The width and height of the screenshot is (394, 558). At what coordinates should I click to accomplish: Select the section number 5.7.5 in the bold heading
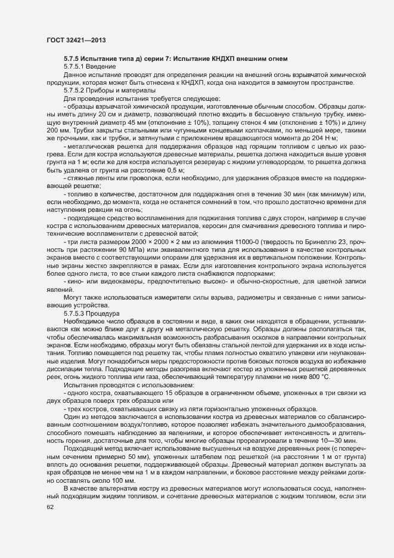tap(73, 58)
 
